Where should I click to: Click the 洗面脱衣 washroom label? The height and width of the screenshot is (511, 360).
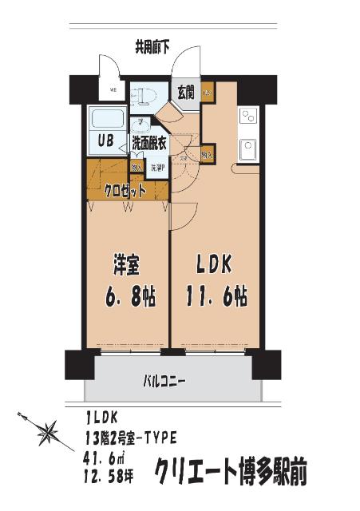pyautogui.click(x=149, y=144)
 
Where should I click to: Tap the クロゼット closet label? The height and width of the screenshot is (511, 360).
pyautogui.click(x=125, y=191)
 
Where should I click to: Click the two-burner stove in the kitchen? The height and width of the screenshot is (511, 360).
pyautogui.click(x=247, y=117)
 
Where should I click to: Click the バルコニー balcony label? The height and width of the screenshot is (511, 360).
pyautogui.click(x=165, y=381)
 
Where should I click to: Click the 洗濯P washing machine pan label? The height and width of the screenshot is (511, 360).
pyautogui.click(x=156, y=168)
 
